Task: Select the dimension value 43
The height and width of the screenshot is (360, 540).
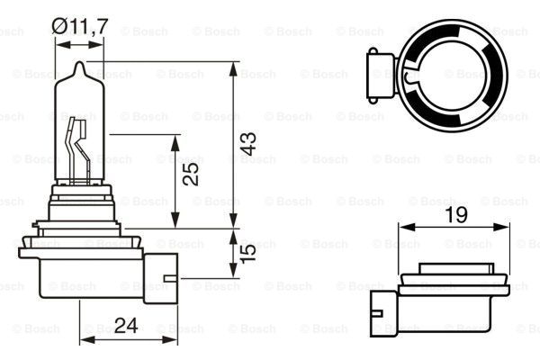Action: pyautogui.click(x=248, y=142)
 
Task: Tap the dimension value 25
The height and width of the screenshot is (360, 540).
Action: pyautogui.click(x=190, y=175)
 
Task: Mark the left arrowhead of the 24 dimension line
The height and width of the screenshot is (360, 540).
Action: pyautogui.click(x=85, y=340)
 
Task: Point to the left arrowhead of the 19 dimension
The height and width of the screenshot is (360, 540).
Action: pyautogui.click(x=403, y=226)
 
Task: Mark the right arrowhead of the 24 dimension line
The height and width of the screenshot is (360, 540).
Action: pyautogui.click(x=173, y=340)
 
